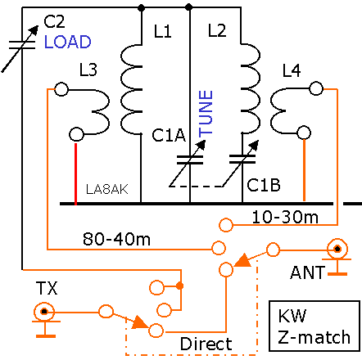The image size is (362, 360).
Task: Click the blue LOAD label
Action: click(68, 42)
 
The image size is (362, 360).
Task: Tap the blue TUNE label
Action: click(206, 114)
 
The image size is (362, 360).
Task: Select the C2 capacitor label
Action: click(54, 21)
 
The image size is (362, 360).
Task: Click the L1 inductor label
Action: click(163, 31)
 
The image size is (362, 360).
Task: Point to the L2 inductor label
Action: click(217, 30)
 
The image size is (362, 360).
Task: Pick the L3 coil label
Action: click(88, 70)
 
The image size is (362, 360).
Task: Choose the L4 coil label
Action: click(292, 70)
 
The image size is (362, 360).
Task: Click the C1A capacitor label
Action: click(169, 135)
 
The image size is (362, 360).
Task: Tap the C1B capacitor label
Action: click(264, 185)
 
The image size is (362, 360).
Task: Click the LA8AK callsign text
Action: click(107, 189)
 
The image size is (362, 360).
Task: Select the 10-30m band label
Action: click(285, 218)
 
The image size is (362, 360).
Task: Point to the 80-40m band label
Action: click(116, 239)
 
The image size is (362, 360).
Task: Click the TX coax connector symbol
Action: click(44, 312)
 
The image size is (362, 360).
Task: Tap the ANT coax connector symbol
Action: click(337, 249)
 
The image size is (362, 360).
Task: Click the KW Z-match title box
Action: click(314, 326)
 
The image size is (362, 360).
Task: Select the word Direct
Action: click(206, 344)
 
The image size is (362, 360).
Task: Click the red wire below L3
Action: click(75, 173)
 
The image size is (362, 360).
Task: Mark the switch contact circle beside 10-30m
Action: click(226, 225)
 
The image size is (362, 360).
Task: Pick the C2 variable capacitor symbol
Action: click(20, 48)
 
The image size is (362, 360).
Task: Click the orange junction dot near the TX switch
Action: click(179, 286)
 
